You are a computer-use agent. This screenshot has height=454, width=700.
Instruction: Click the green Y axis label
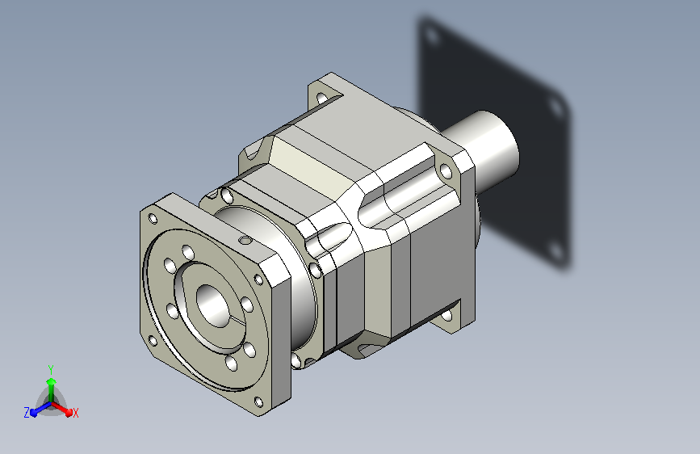point(51,369)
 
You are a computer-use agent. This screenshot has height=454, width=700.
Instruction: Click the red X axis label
point(75,413)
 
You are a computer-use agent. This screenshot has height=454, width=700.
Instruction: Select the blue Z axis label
point(27,413)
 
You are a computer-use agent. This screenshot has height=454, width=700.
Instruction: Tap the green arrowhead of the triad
point(52,381)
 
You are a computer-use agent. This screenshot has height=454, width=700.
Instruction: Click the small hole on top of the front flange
point(245,241)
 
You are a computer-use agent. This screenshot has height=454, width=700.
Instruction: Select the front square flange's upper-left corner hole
point(153,218)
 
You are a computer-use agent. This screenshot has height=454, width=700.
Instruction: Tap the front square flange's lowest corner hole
point(258,401)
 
